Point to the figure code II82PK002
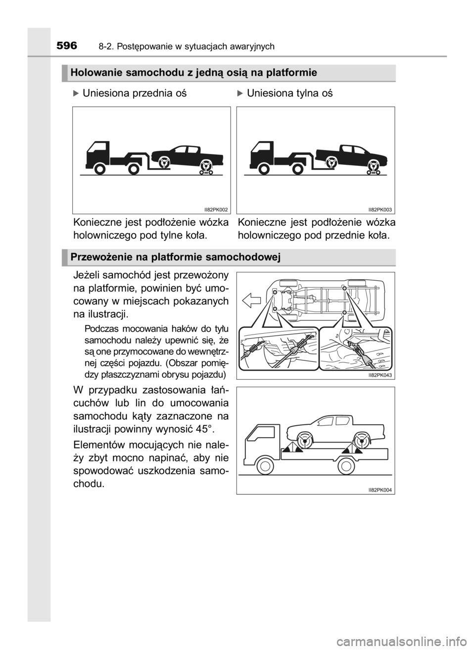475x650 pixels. coord(216,210)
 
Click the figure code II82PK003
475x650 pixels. coord(380,210)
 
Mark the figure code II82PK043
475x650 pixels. coord(380,375)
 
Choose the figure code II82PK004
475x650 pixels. coord(380,490)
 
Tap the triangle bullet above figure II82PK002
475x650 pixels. coord(76,93)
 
